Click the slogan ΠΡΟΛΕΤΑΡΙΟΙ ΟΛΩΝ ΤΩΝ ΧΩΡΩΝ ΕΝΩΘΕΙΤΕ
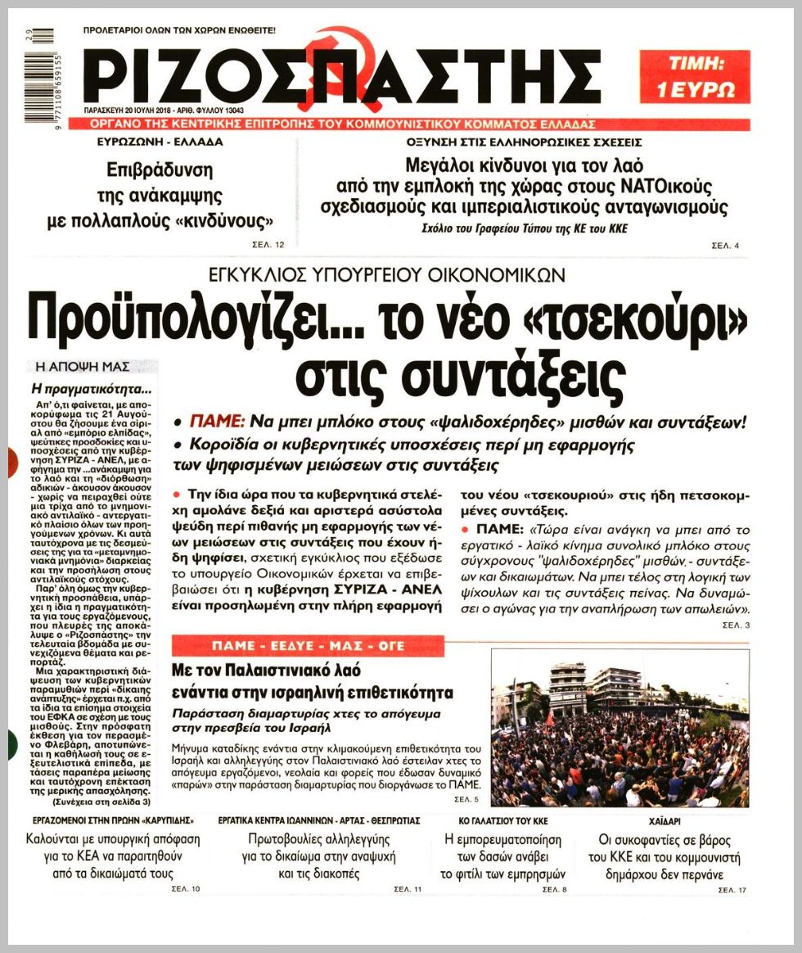[x=179, y=30]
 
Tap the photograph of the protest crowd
[x=619, y=728]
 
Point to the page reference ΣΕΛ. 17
[x=732, y=890]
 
